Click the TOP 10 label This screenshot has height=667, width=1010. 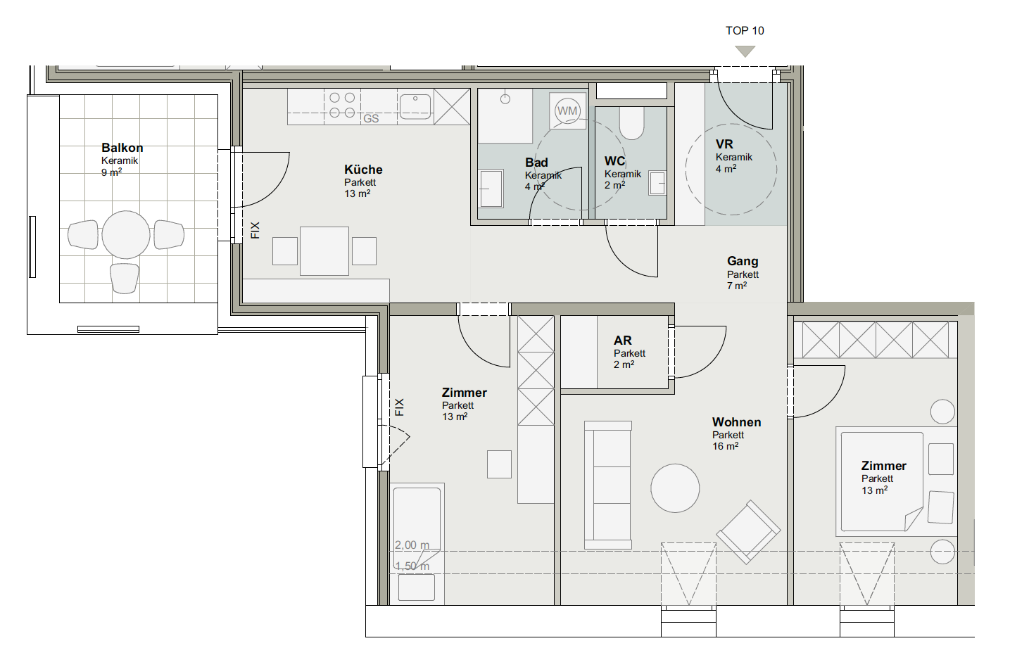pos(745,31)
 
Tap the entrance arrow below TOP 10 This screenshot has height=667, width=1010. pos(745,51)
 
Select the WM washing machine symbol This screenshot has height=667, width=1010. pos(567,111)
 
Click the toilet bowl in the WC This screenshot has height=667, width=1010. pos(631,123)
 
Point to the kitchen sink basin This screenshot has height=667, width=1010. pos(415,107)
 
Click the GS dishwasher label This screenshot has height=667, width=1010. pos(371,118)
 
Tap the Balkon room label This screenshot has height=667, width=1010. pos(122,148)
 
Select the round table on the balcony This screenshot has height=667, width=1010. pos(126,235)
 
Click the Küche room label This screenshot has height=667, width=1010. pos(363,170)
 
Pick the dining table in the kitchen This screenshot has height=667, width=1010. pos(324,251)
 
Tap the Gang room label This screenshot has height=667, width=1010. pos(743,262)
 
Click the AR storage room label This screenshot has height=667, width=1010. pos(623,341)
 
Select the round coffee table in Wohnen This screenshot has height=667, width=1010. pos(675,488)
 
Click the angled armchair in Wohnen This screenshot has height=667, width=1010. pos(748,532)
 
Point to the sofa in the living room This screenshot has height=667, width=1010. pos(608,485)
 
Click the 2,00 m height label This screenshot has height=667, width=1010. pos(412,545)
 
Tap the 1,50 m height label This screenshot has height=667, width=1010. pos(412,566)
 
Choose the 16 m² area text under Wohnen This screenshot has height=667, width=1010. pos(726,446)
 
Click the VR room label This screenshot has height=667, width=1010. pos(724,144)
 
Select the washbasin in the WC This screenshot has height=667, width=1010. pos(657,184)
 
